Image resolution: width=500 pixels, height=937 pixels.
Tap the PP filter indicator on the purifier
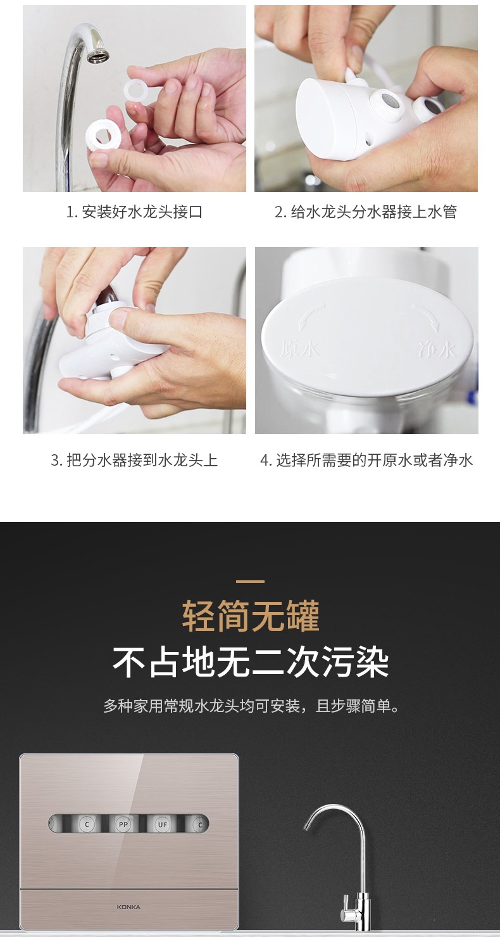coord(123,824)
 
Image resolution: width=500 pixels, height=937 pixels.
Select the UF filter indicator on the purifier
coord(162,824)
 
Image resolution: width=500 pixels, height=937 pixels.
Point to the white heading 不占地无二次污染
coord(251,662)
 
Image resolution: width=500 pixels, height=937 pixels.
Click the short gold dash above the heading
coord(250,581)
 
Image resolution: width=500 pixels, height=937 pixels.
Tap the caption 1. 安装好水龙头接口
coord(134,212)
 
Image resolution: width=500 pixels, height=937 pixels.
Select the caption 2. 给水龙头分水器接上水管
coord(366,212)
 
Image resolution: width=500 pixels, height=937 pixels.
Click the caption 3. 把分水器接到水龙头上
coord(134,460)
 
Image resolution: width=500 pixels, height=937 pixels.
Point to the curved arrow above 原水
coord(311,317)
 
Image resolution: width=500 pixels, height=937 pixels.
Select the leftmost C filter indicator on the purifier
coord(87,824)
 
